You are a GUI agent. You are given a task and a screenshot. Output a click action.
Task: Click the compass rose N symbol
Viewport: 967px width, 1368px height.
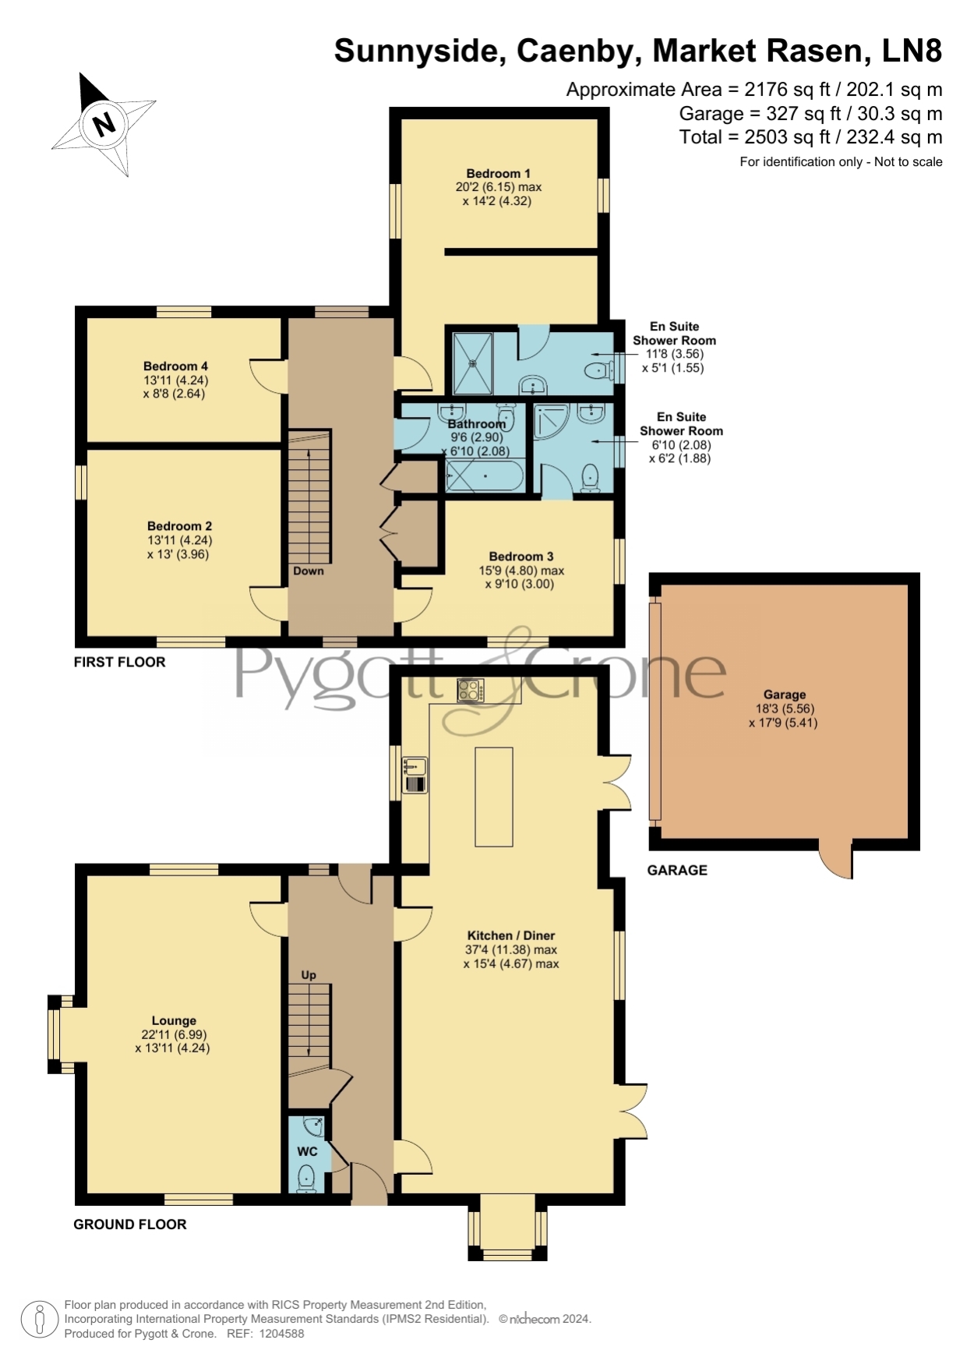[x=104, y=123]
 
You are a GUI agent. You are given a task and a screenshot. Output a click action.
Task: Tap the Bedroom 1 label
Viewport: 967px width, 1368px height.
[x=499, y=173]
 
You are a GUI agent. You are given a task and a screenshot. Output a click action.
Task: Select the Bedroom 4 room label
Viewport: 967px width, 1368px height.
[x=175, y=366]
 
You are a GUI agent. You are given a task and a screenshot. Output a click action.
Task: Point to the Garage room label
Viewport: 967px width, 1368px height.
[x=784, y=694]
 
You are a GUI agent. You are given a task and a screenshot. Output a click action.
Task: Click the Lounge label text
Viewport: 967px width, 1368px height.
[x=174, y=1020]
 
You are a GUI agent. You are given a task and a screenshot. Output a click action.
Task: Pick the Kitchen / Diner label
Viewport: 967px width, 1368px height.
[x=511, y=935]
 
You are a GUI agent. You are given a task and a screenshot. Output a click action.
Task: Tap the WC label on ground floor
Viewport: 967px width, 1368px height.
[x=308, y=1151]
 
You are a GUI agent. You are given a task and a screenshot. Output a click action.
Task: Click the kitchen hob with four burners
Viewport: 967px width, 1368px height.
[x=471, y=691]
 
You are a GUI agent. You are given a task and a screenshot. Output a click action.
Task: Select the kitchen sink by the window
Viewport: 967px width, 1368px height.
[x=415, y=775]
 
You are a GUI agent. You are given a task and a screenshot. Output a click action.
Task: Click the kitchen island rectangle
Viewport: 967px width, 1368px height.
[x=494, y=796]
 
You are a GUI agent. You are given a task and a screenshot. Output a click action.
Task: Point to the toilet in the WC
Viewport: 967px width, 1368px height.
[x=306, y=1178]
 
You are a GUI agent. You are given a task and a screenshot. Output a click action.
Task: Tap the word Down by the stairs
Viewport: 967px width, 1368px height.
[x=309, y=571]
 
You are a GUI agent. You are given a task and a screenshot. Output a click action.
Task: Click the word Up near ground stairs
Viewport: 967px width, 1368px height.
[x=309, y=975]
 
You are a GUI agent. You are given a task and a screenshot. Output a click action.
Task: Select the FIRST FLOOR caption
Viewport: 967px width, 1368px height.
[x=120, y=662]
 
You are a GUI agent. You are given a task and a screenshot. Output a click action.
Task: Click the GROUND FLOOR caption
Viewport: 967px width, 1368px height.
[x=130, y=1224]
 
